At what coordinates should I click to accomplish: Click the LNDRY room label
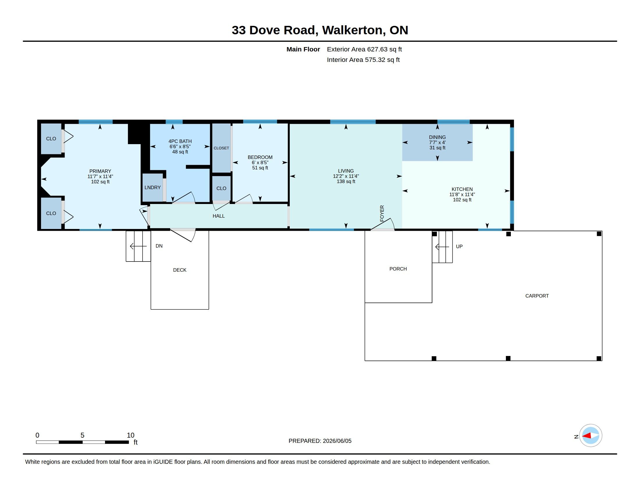(152, 188)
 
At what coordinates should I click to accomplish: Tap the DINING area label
(437, 137)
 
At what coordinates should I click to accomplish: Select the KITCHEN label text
(462, 189)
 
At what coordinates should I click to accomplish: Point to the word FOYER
(382, 213)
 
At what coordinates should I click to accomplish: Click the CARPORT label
(537, 296)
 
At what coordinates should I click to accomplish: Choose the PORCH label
(398, 269)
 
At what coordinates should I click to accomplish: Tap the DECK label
(179, 270)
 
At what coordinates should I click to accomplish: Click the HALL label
(218, 216)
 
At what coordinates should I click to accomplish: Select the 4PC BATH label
(180, 141)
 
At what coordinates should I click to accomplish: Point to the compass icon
(591, 436)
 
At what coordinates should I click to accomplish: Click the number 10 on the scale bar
(130, 435)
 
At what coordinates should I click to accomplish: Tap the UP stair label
(459, 246)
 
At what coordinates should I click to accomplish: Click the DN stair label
(159, 246)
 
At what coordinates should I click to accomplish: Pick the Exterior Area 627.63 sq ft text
(364, 49)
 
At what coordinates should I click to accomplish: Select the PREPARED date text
(320, 441)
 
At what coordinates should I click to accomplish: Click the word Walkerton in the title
(352, 31)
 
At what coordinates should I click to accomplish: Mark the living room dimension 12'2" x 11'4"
(346, 176)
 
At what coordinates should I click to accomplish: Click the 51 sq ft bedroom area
(260, 168)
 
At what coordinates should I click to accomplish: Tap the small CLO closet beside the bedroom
(221, 189)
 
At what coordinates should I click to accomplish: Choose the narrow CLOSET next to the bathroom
(221, 148)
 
